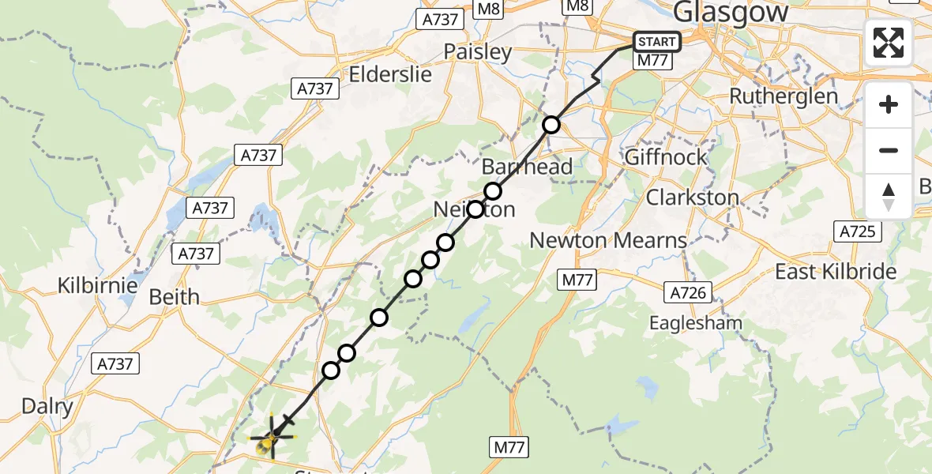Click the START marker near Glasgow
click(x=656, y=42)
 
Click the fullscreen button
click(x=889, y=43)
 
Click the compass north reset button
click(x=889, y=196)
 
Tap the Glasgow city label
click(x=731, y=13)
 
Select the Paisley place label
click(x=478, y=52)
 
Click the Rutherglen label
click(x=784, y=96)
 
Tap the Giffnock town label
click(x=666, y=157)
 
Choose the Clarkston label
click(x=693, y=197)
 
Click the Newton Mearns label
click(x=608, y=240)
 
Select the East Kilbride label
click(x=836, y=272)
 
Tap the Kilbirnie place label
click(x=98, y=285)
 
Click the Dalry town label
click(x=47, y=407)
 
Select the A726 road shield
click(x=686, y=293)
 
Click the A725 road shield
click(x=856, y=232)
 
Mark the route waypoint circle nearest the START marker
click(x=551, y=125)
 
